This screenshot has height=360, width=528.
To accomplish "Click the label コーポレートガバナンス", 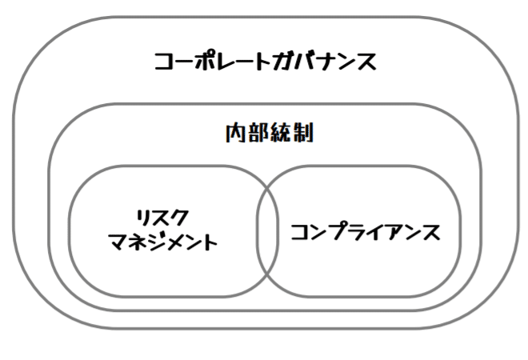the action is (265, 62).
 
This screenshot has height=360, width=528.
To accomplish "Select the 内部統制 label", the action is (270, 133).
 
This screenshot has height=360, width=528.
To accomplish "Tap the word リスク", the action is (162, 218).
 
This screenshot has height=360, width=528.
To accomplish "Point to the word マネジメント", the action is (163, 242).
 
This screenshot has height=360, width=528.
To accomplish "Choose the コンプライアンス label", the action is (366, 231).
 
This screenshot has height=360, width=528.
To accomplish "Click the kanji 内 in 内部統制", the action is (235, 133).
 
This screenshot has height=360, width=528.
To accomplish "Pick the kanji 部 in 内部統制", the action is (258, 133).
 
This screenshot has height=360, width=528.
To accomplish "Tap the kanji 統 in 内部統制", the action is (281, 133).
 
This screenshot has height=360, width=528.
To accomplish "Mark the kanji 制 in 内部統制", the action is (303, 133).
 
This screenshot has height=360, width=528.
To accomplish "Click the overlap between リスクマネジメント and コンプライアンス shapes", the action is (267, 231).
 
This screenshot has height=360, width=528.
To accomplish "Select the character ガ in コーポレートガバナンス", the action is (283, 62).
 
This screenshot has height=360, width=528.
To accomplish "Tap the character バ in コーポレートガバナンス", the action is (305, 62).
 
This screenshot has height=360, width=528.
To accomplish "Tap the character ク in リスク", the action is (179, 218).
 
